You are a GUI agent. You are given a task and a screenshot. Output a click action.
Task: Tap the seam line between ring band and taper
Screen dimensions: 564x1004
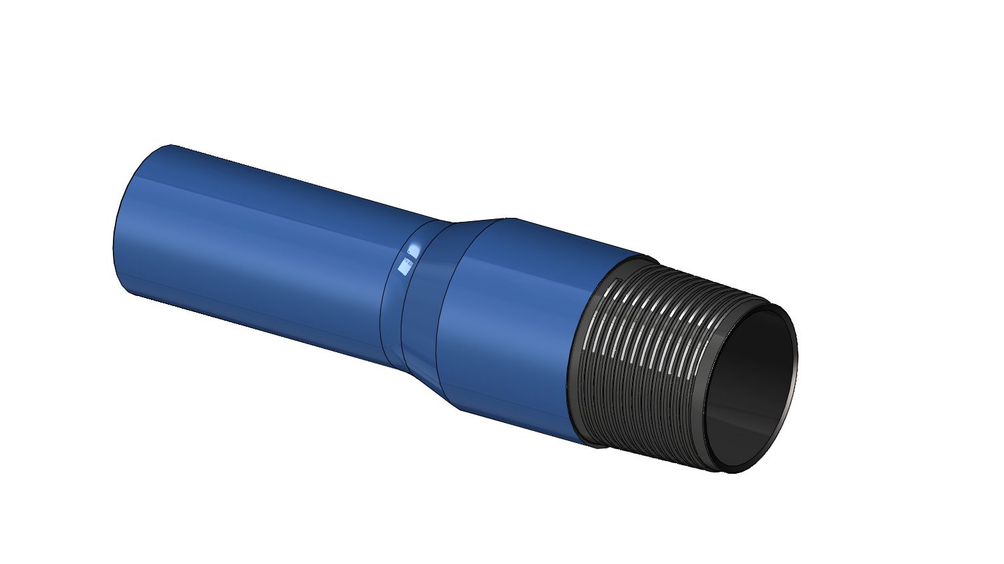coord(403,314)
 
